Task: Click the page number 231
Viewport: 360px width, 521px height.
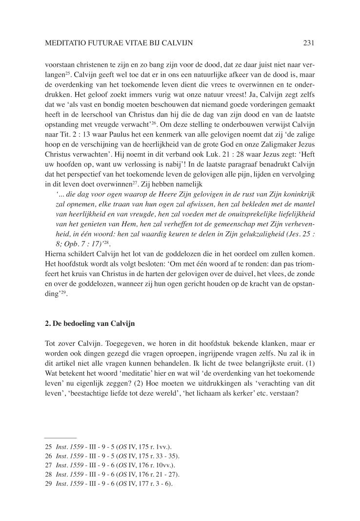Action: [308, 43]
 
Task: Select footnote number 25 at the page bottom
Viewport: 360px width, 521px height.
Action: [48, 446]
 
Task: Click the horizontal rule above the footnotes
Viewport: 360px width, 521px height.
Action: [60, 438]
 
